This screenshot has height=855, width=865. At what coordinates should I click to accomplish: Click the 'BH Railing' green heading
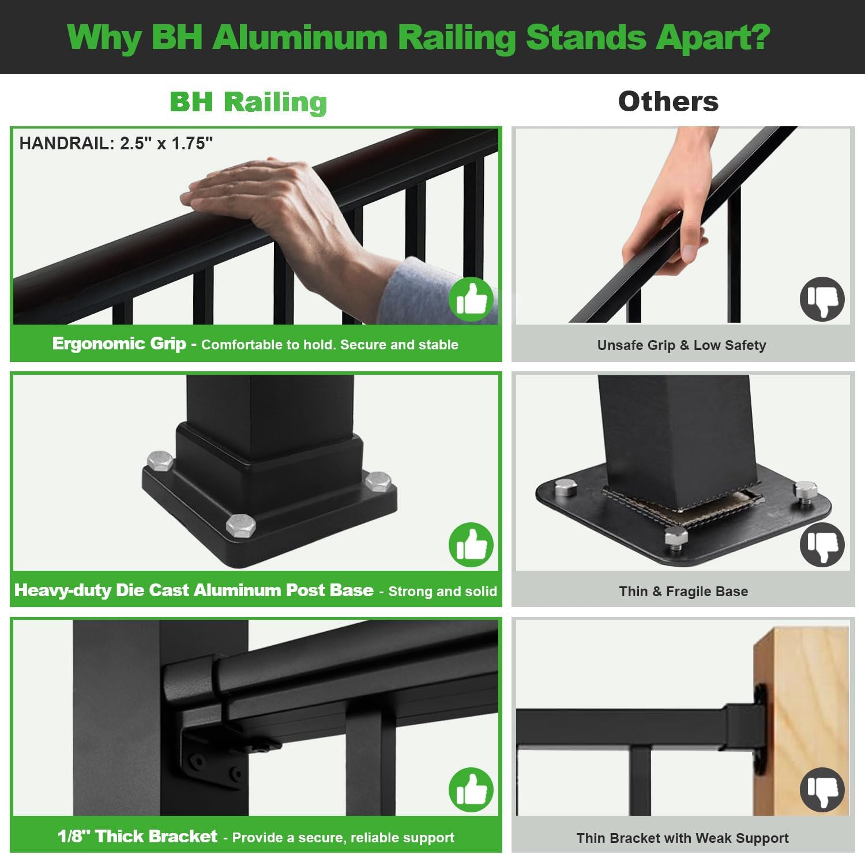[x=249, y=103]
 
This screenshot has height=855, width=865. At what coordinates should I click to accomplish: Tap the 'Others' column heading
[x=668, y=101]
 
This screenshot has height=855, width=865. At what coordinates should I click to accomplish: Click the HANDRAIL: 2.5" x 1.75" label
[x=116, y=143]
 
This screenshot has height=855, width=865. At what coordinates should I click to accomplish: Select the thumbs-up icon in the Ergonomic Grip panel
[x=471, y=299]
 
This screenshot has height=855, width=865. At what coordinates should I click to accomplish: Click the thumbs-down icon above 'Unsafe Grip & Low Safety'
[x=822, y=299]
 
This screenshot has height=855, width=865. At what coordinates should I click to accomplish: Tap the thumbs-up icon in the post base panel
[x=471, y=545]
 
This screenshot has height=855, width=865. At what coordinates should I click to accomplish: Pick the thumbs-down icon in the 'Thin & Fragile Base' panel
[x=822, y=545]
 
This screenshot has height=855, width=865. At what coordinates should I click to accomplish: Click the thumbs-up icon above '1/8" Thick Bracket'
[x=471, y=790]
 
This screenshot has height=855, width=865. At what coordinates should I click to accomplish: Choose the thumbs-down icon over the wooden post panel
[x=822, y=790]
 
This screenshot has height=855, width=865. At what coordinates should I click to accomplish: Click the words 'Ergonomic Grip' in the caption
[x=119, y=344]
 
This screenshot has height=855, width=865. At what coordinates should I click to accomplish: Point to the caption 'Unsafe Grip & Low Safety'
[x=682, y=345]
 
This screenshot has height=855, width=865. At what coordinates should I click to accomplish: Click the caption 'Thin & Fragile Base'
[x=683, y=592]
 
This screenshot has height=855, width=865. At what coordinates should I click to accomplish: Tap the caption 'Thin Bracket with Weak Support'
[x=682, y=838]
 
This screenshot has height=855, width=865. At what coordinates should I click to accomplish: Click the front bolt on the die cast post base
[x=240, y=525]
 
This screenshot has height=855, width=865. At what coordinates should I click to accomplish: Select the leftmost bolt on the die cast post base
[x=160, y=461]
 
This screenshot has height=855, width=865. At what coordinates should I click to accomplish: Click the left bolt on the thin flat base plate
[x=566, y=488]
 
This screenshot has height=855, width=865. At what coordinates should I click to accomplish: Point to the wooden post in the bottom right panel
[x=802, y=721]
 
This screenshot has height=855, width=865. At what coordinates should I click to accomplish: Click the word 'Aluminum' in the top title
[x=300, y=37]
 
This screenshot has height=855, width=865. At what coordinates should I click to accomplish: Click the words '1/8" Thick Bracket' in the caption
[x=137, y=837]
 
